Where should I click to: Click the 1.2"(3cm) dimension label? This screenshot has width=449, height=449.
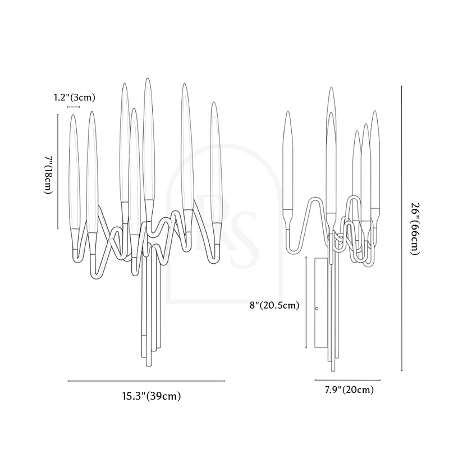pos(75,98)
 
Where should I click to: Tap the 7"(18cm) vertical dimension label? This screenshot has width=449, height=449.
pos(49,175)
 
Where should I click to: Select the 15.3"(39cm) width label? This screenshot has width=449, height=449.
pos(152,396)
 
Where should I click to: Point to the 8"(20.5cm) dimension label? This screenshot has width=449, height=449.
pos(274,305)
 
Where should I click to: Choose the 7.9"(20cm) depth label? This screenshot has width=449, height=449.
pos(349,390)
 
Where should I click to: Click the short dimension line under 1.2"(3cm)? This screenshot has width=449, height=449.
pos(73,107)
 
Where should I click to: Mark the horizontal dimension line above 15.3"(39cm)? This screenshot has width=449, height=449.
pos(146,381)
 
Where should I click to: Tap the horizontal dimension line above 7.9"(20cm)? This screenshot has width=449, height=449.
pos(347,380)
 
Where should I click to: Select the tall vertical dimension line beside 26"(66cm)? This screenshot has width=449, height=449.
pos(401,228)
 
